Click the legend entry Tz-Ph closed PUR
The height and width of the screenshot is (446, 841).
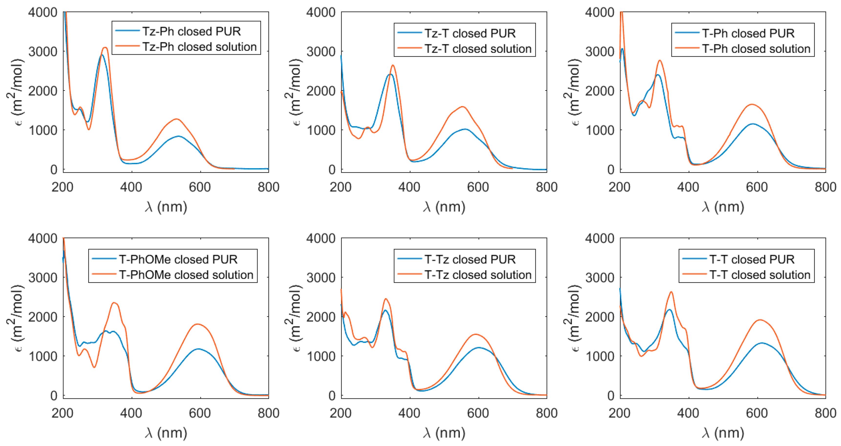(191, 31)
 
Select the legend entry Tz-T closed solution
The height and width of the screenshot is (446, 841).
(478, 49)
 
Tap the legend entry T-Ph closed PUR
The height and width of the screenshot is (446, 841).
(748, 33)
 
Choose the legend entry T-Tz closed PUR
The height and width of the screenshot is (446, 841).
(470, 259)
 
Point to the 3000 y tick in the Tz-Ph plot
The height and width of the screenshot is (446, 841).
(43, 52)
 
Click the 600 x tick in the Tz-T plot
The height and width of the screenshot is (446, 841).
(478, 187)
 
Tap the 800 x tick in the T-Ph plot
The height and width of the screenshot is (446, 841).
(825, 187)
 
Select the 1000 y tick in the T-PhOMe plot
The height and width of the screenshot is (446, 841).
(43, 356)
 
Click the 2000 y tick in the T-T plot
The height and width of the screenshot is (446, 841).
(600, 317)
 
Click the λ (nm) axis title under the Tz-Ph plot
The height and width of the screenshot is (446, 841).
(166, 207)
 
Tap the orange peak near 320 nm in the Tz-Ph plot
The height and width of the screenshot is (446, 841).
(105, 48)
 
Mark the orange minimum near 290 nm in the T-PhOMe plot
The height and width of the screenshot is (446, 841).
(94, 367)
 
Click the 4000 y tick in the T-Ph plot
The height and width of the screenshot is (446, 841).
(600, 12)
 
